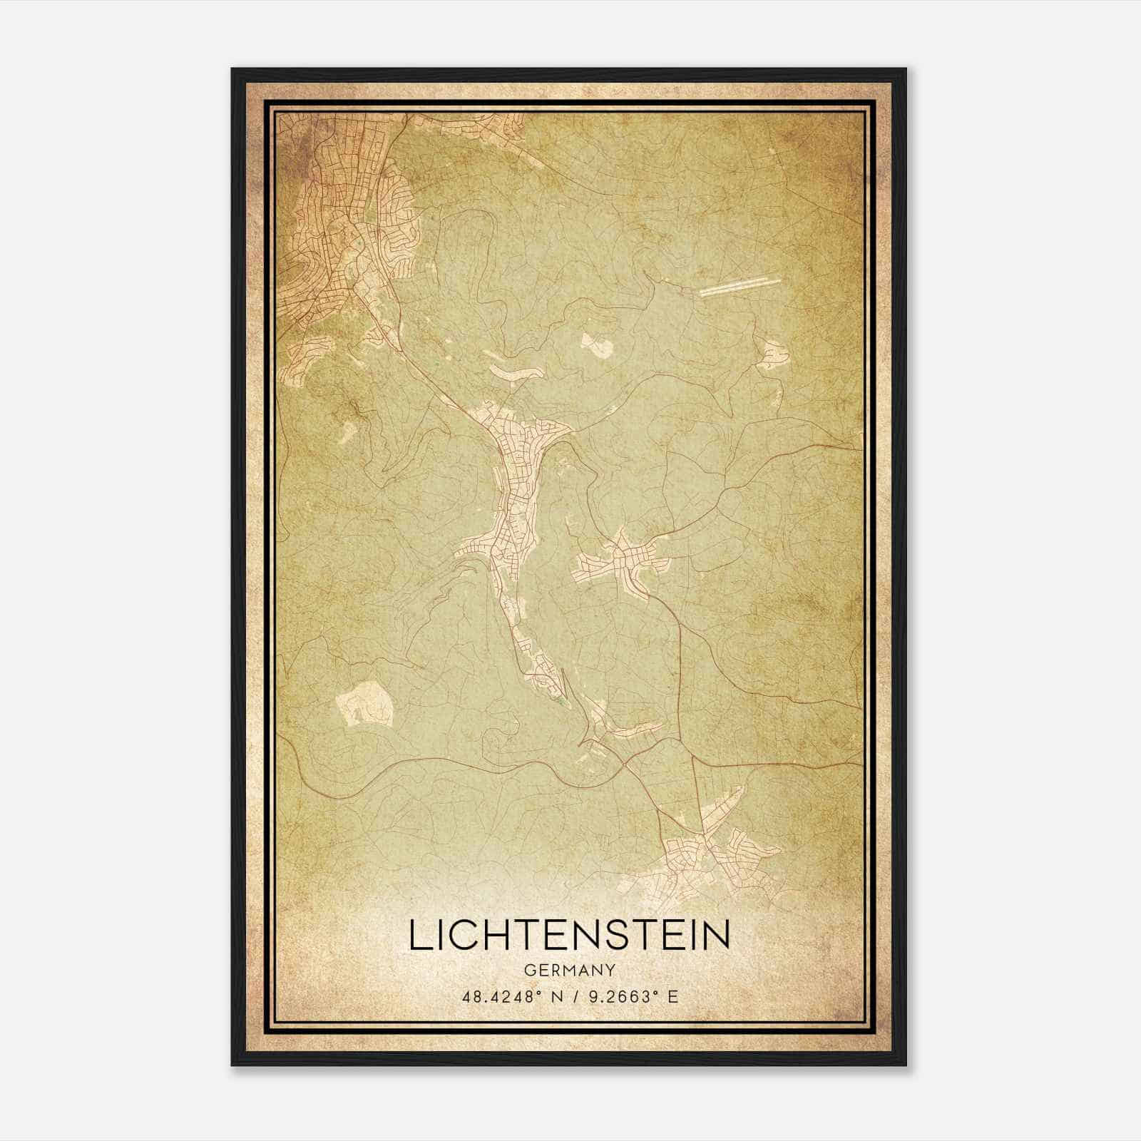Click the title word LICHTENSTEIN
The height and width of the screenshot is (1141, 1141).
(x=569, y=936)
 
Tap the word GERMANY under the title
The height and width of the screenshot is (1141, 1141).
(x=569, y=970)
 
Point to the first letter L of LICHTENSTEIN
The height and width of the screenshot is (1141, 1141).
(x=419, y=936)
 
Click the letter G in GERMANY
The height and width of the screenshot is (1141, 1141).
(x=528, y=970)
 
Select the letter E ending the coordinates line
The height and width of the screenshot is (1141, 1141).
(x=672, y=997)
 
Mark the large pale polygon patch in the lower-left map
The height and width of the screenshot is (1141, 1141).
(x=365, y=704)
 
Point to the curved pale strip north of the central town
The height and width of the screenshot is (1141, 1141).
(x=512, y=372)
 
